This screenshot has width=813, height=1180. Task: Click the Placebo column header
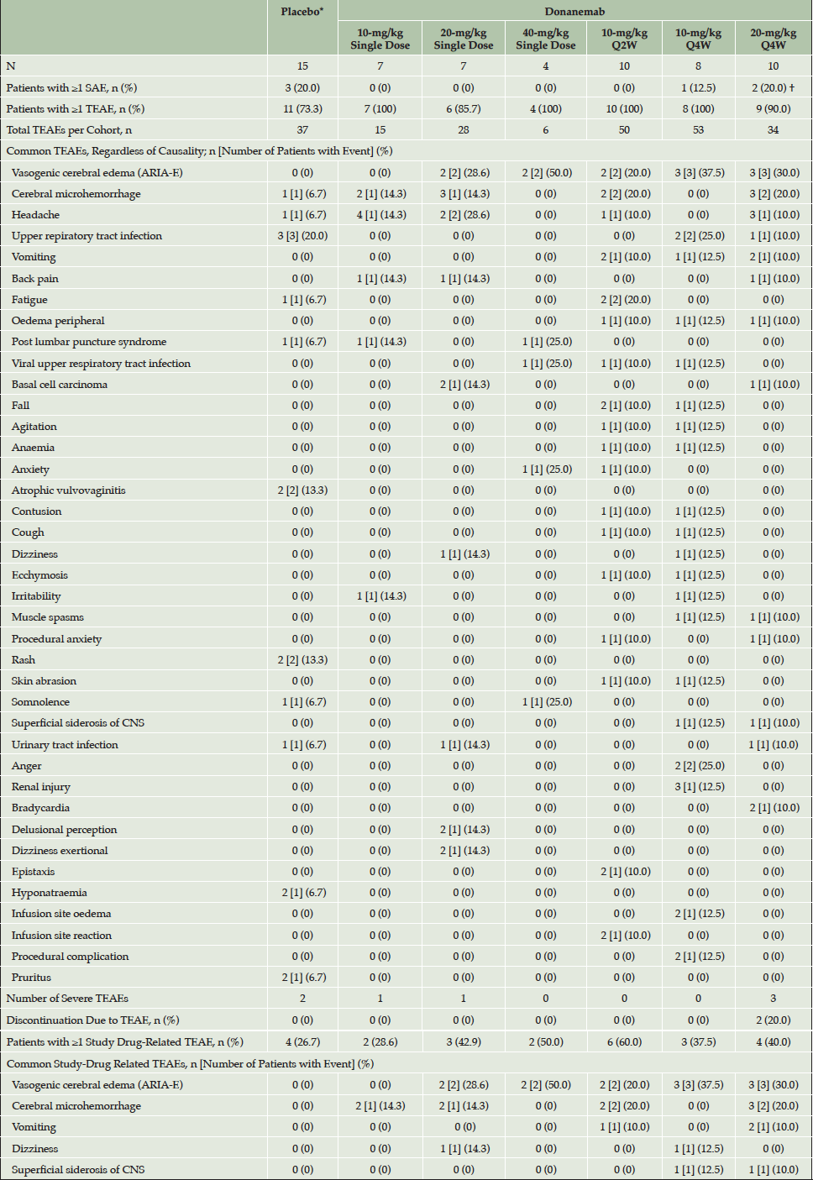[x=302, y=12]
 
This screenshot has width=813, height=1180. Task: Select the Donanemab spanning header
[x=574, y=11]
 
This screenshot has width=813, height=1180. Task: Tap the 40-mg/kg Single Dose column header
[x=545, y=39]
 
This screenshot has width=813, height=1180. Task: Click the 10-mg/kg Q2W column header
[x=624, y=39]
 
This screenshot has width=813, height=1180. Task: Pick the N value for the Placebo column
[x=302, y=66]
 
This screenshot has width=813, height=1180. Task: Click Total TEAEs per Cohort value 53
[x=698, y=130]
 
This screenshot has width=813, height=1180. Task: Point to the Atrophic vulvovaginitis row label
[x=69, y=490]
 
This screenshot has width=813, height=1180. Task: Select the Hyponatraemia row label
[x=50, y=893]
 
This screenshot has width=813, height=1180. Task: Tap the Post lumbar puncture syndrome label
[x=89, y=342]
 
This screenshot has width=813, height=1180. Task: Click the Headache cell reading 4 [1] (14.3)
[x=380, y=215]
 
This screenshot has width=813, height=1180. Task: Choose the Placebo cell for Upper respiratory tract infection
[x=302, y=236]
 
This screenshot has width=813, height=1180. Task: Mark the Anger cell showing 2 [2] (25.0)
[x=698, y=766]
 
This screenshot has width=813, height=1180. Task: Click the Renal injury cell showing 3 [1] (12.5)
[x=698, y=787]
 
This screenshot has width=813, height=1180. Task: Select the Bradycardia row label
[x=40, y=808]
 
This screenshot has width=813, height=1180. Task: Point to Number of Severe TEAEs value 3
[x=773, y=999]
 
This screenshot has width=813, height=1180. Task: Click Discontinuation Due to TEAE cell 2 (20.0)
[x=773, y=1020]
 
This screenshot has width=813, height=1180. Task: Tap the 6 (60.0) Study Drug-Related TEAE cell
[x=624, y=1042]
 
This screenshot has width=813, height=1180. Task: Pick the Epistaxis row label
[x=34, y=872]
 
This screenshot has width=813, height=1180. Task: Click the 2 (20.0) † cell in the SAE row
[x=773, y=88]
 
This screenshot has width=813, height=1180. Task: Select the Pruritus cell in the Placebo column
[x=302, y=978]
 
